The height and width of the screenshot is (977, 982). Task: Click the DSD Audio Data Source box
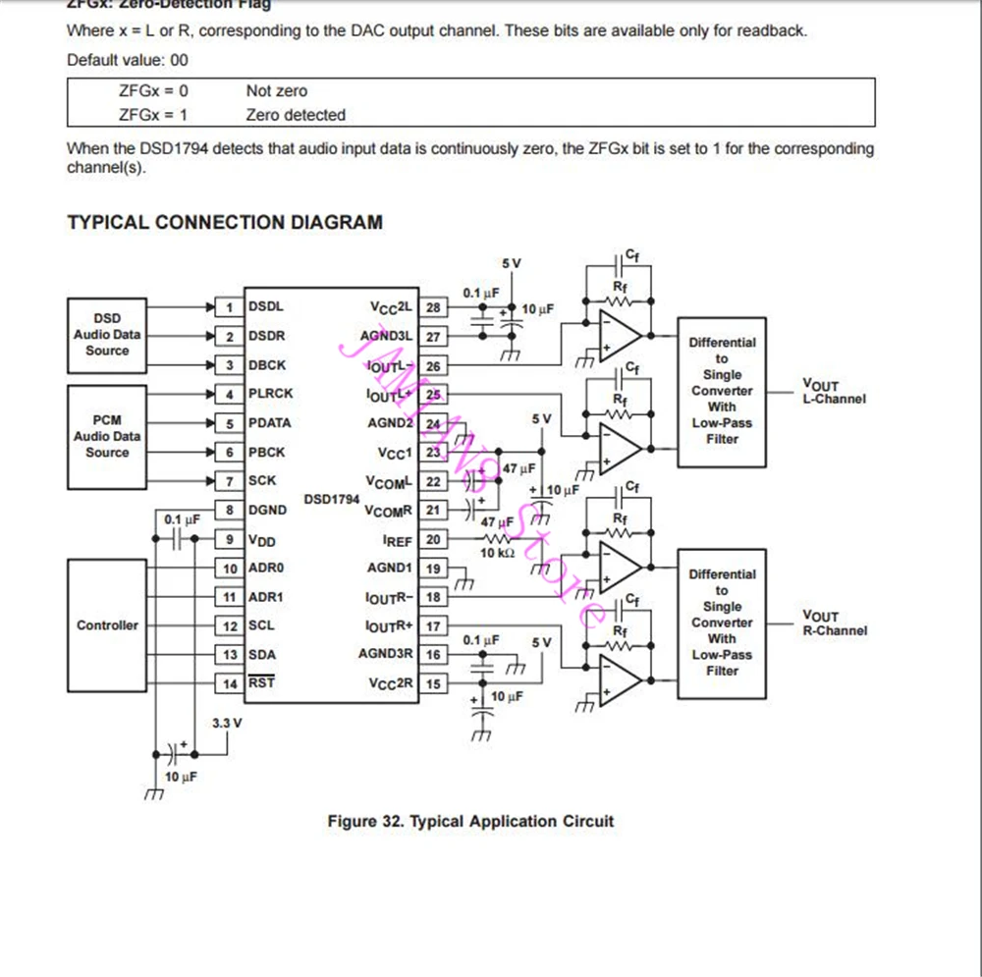point(107,335)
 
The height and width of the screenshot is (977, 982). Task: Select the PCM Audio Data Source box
point(107,437)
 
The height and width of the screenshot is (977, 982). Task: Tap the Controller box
point(107,625)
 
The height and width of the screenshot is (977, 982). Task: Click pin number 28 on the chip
point(433,307)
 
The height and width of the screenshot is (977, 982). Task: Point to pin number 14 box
point(230,683)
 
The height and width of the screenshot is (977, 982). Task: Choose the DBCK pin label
point(267,365)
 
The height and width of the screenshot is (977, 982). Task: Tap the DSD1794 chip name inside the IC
point(332,499)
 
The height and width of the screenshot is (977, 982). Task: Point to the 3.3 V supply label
point(227,724)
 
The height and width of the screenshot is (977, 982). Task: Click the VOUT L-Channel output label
point(834,393)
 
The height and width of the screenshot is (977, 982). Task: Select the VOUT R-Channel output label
point(834,624)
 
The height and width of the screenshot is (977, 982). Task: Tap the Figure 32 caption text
point(470,821)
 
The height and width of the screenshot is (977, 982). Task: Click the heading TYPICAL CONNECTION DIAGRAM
point(225,222)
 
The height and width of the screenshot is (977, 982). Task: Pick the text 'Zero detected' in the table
point(296,115)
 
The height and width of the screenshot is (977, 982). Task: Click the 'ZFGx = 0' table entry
point(153,91)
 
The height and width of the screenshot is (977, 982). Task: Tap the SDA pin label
point(262,654)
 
